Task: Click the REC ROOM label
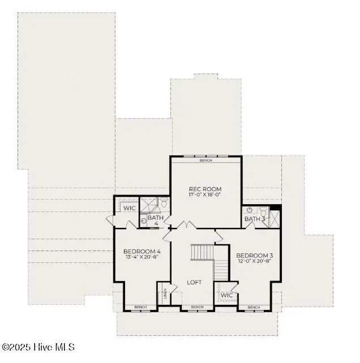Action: [205, 189]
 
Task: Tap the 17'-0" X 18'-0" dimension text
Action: [205, 195]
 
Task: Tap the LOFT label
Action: [195, 282]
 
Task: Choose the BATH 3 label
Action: [255, 219]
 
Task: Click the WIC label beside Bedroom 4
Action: [130, 208]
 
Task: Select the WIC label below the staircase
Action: [226, 295]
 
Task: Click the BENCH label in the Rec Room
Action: [205, 161]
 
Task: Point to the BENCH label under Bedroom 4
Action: [140, 307]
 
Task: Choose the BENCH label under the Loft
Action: [197, 307]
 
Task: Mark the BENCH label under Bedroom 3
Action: [254, 307]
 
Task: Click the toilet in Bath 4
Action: [164, 202]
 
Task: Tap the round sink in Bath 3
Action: [250, 210]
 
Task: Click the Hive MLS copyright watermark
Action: [38, 347]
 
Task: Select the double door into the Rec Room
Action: [186, 226]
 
